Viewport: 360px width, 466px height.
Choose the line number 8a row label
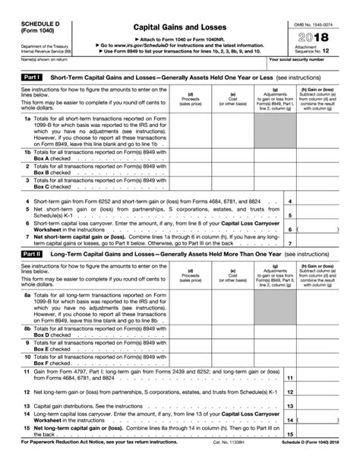(x=27, y=315)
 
